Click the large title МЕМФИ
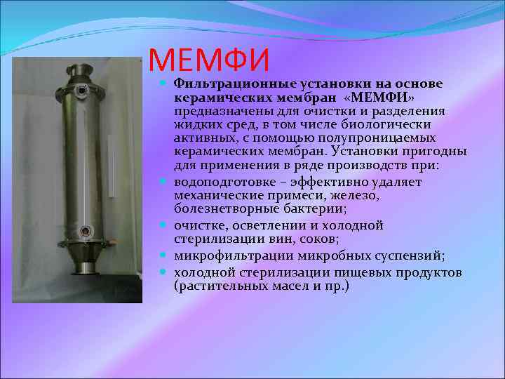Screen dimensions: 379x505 209,60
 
